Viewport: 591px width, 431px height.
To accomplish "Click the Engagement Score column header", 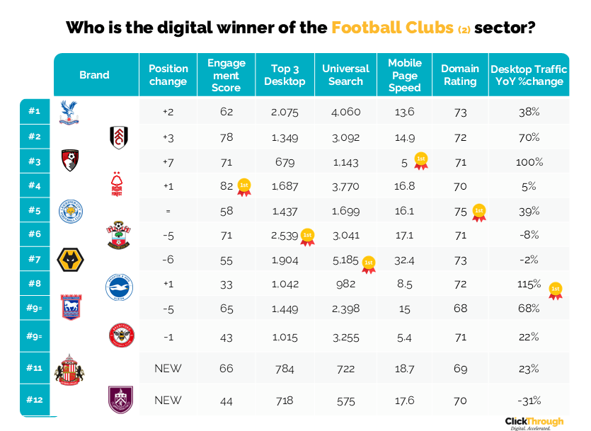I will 226,75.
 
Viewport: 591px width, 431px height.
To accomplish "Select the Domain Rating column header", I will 460,75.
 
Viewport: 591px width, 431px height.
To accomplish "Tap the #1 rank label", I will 35,111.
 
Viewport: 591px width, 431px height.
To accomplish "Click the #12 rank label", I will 35,400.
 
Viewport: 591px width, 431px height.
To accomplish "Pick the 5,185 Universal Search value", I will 345,260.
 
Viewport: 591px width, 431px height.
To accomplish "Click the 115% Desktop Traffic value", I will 527,285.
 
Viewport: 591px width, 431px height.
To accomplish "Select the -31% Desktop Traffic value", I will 529,401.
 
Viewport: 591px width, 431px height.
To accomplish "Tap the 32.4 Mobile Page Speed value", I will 405,260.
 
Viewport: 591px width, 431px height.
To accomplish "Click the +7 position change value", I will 168,162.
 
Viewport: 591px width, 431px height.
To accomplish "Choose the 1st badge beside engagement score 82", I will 244,187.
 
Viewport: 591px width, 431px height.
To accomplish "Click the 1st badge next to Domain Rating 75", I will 479,212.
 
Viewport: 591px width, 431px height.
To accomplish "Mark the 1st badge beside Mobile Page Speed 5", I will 420,161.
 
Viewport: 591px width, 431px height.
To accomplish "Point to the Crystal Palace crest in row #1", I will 69,113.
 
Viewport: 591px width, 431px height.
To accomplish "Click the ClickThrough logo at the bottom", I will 534,423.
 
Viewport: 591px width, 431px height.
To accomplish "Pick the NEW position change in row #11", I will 168,368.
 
